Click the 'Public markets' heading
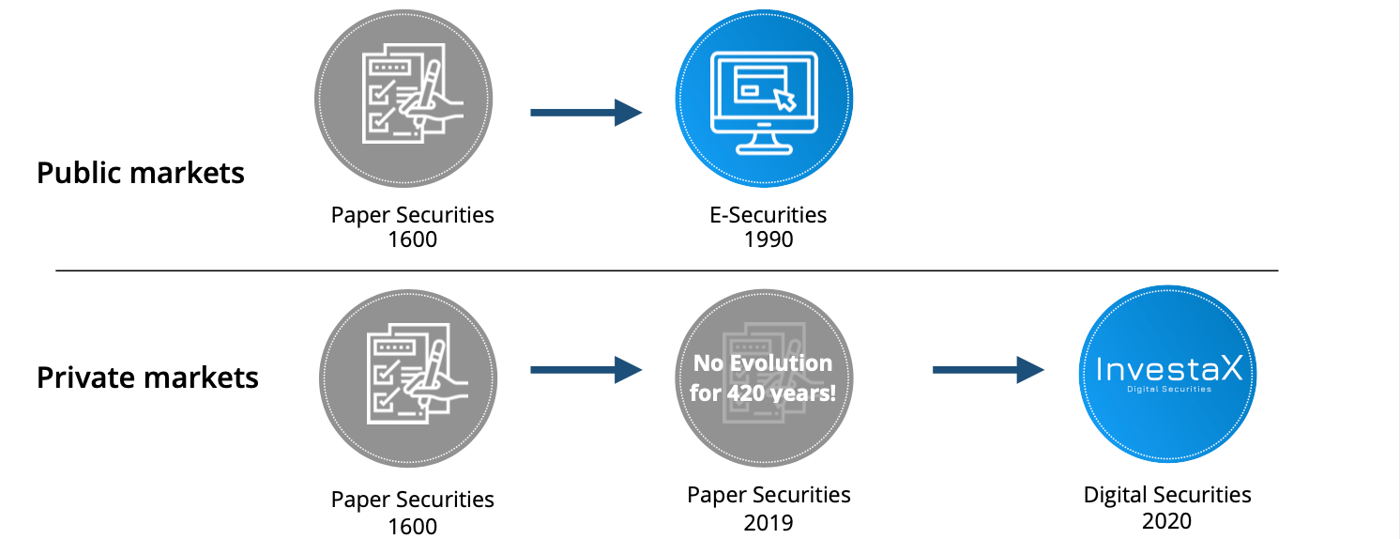141,173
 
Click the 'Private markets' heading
147,377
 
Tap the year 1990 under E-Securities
768,239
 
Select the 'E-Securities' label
768,214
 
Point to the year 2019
768,522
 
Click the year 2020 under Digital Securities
1167,521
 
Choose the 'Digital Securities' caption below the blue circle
1167,495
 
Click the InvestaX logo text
1169,369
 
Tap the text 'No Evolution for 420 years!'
763,377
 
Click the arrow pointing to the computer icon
586,113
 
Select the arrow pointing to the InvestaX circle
988,370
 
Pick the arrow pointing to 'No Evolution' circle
586,370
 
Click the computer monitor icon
764,102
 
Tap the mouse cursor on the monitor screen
785,100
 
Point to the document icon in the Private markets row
417,374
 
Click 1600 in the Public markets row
413,239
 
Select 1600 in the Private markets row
413,527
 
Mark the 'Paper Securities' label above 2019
768,495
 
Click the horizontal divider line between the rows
667,270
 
